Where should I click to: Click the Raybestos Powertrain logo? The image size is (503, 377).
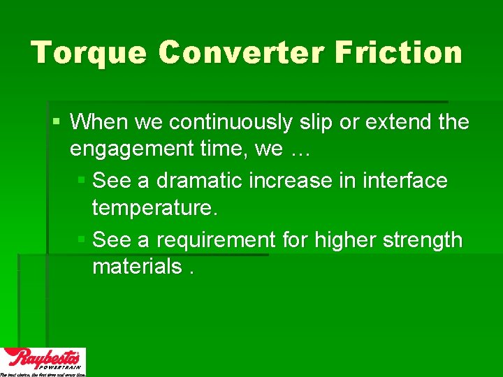click(x=43, y=361)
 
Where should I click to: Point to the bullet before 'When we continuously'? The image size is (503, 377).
click(x=57, y=122)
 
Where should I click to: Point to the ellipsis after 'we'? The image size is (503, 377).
click(x=299, y=149)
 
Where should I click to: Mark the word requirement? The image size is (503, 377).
click(x=216, y=240)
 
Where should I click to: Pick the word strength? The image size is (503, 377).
click(x=425, y=240)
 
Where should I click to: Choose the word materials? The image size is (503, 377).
click(x=136, y=267)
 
